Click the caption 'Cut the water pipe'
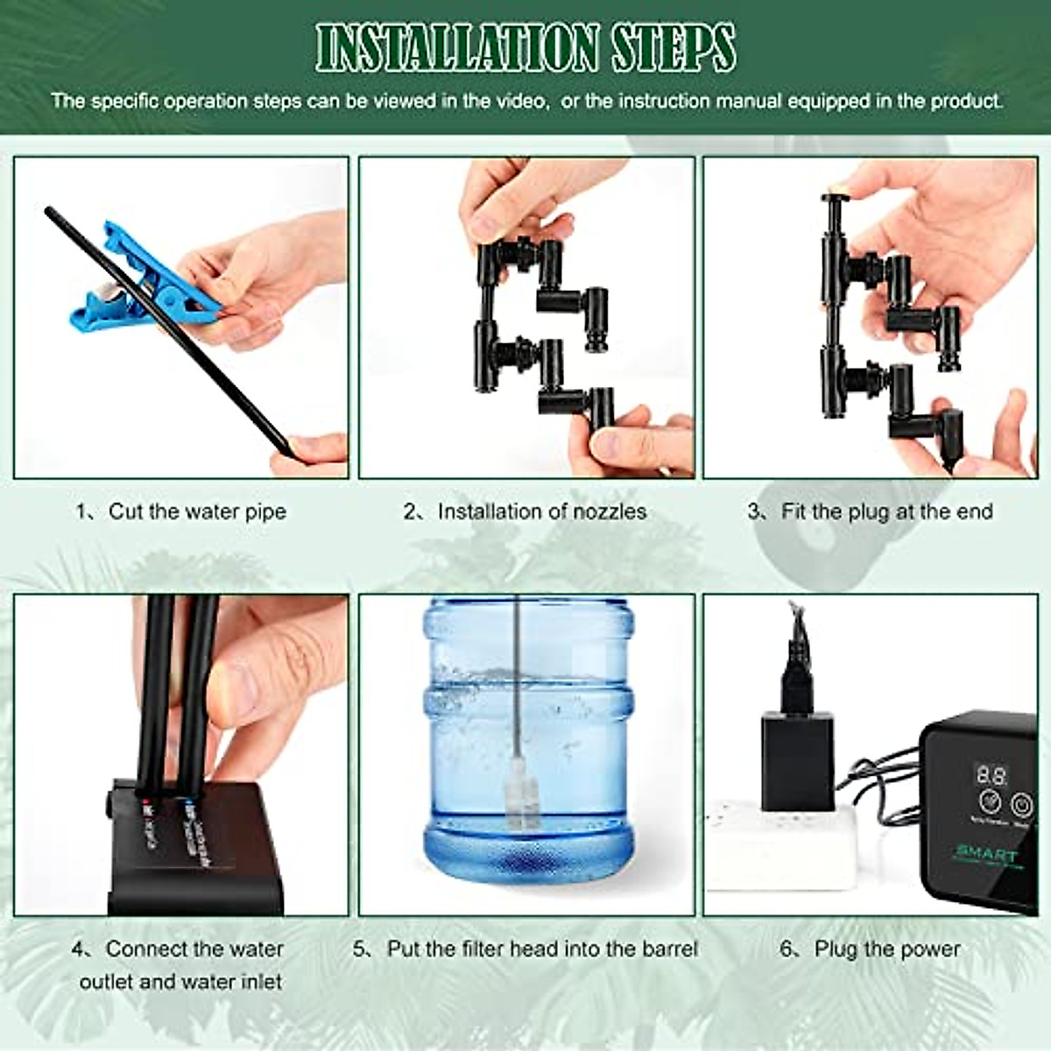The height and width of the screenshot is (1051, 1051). click(196, 511)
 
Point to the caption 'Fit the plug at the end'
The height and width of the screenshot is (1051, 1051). click(886, 511)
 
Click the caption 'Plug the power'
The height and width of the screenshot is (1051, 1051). click(886, 949)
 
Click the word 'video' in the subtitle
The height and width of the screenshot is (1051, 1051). click(520, 101)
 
